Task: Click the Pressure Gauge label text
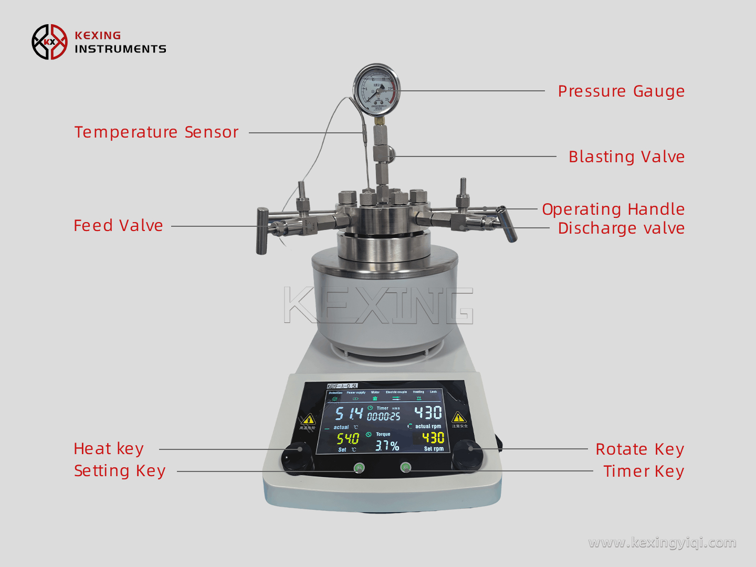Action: (621, 91)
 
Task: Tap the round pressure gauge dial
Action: (376, 90)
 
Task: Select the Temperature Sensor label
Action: (156, 132)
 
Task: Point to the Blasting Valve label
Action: (626, 157)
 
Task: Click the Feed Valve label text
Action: (118, 226)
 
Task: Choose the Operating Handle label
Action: (613, 209)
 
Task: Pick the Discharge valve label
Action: (621, 228)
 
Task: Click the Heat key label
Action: (109, 449)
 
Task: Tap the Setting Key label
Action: (120, 471)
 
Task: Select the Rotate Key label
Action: (639, 449)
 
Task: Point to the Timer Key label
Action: (643, 471)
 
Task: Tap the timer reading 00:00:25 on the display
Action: (383, 417)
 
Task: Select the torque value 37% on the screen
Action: (387, 446)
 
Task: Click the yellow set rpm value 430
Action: (433, 438)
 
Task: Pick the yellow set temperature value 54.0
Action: (348, 438)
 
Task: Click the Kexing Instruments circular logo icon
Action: (49, 42)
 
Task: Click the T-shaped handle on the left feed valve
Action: (262, 231)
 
